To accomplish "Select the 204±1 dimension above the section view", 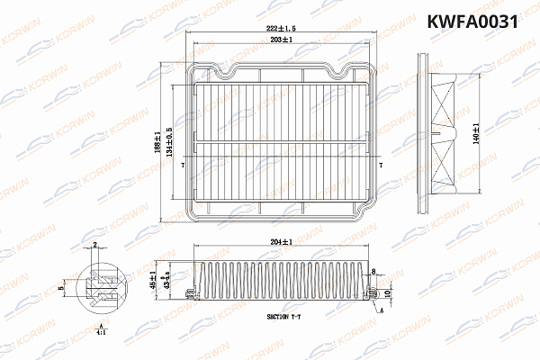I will tap(281, 242).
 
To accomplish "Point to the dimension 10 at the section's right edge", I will tap(388, 292).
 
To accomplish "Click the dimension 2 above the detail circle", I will tap(95, 245).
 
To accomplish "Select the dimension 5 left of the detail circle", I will tap(62, 287).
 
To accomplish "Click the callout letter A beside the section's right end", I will tap(382, 310).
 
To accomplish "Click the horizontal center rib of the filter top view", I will tap(282, 144).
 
